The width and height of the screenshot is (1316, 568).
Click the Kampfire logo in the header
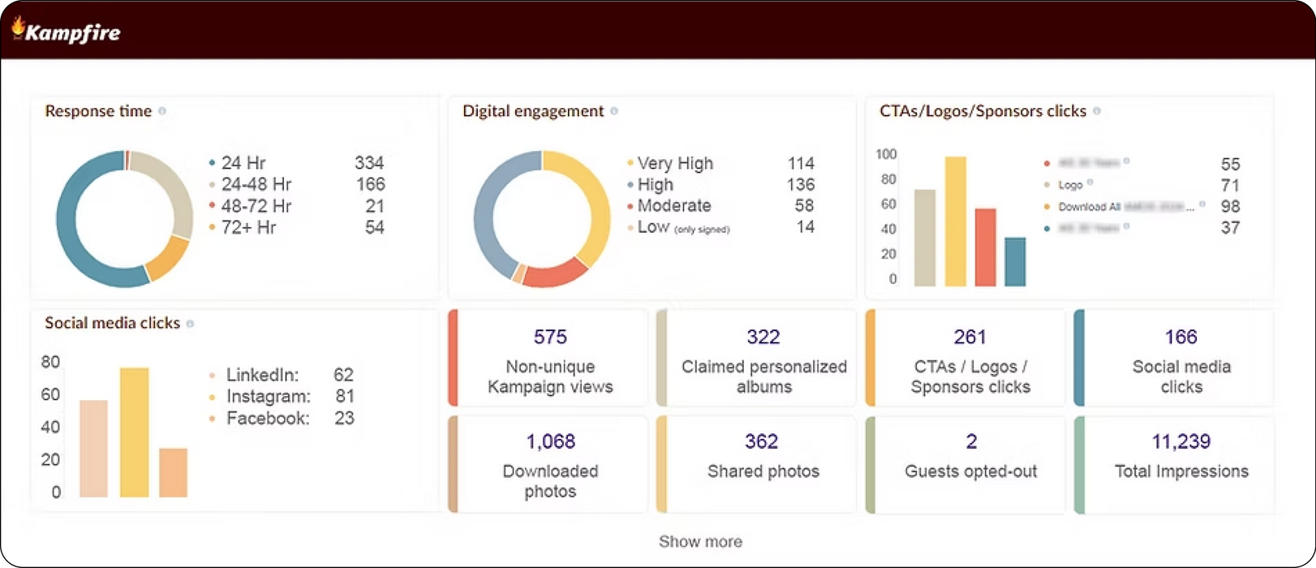pyautogui.click(x=67, y=32)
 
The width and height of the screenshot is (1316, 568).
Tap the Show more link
pyautogui.click(x=700, y=541)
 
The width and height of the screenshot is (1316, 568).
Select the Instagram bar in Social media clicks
pyautogui.click(x=134, y=432)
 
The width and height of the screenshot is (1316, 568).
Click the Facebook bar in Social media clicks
pyautogui.click(x=173, y=472)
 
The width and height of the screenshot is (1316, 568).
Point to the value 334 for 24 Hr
pyautogui.click(x=369, y=163)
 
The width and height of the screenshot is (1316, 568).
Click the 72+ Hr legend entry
pyautogui.click(x=248, y=228)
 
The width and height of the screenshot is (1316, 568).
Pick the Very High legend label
pyautogui.click(x=675, y=163)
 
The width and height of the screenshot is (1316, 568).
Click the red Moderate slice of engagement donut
pyautogui.click(x=555, y=273)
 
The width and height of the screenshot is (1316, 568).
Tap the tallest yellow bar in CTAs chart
pyautogui.click(x=955, y=222)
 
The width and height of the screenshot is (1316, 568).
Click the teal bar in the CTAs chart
pyautogui.click(x=1015, y=261)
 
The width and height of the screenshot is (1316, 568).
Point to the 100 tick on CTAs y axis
pyautogui.click(x=886, y=154)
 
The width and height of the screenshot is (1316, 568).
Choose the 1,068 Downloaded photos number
pyautogui.click(x=550, y=441)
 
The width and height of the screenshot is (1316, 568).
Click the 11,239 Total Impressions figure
pyautogui.click(x=1181, y=441)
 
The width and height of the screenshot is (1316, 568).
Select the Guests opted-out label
pyautogui.click(x=970, y=471)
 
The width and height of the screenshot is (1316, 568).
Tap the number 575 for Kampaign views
pyautogui.click(x=550, y=337)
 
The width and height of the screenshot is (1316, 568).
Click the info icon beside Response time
pyautogui.click(x=162, y=111)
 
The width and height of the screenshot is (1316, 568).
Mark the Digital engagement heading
pyautogui.click(x=533, y=111)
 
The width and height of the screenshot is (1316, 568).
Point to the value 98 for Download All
pyautogui.click(x=1230, y=207)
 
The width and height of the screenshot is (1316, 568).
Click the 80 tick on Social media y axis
pyautogui.click(x=50, y=362)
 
